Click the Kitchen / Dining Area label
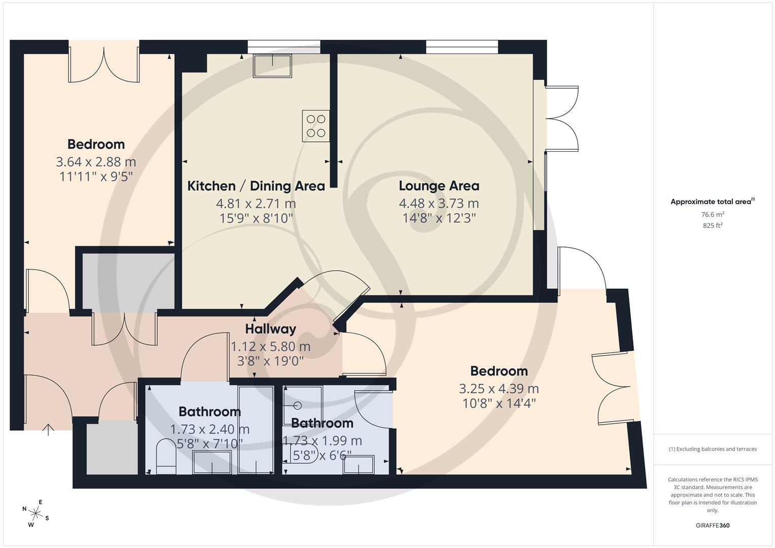click(256, 186)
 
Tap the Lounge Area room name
click(439, 186)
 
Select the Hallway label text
click(270, 329)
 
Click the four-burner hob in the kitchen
click(316, 126)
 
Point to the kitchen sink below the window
click(273, 66)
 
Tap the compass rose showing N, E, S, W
click(35, 512)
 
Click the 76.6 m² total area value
click(713, 215)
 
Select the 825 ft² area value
click(713, 226)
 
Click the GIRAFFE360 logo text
click(713, 526)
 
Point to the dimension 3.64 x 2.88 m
click(96, 162)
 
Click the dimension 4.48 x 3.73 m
click(439, 203)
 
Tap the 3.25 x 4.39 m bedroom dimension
click(498, 389)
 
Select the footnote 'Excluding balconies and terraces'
click(713, 449)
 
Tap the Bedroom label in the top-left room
click(96, 145)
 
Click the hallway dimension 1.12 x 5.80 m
click(270, 347)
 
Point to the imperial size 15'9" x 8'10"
click(256, 219)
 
